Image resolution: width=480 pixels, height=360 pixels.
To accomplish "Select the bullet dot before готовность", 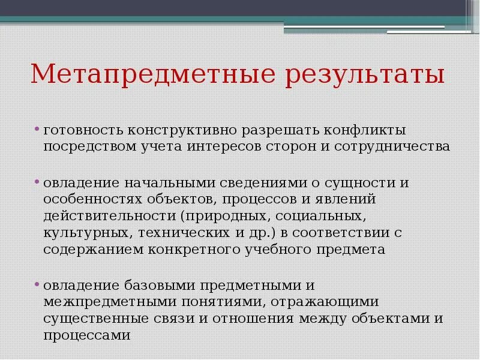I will click(37, 128).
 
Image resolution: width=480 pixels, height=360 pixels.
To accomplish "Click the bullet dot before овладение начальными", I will click(37, 181).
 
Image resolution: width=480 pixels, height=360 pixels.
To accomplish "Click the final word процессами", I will click(86, 335).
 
